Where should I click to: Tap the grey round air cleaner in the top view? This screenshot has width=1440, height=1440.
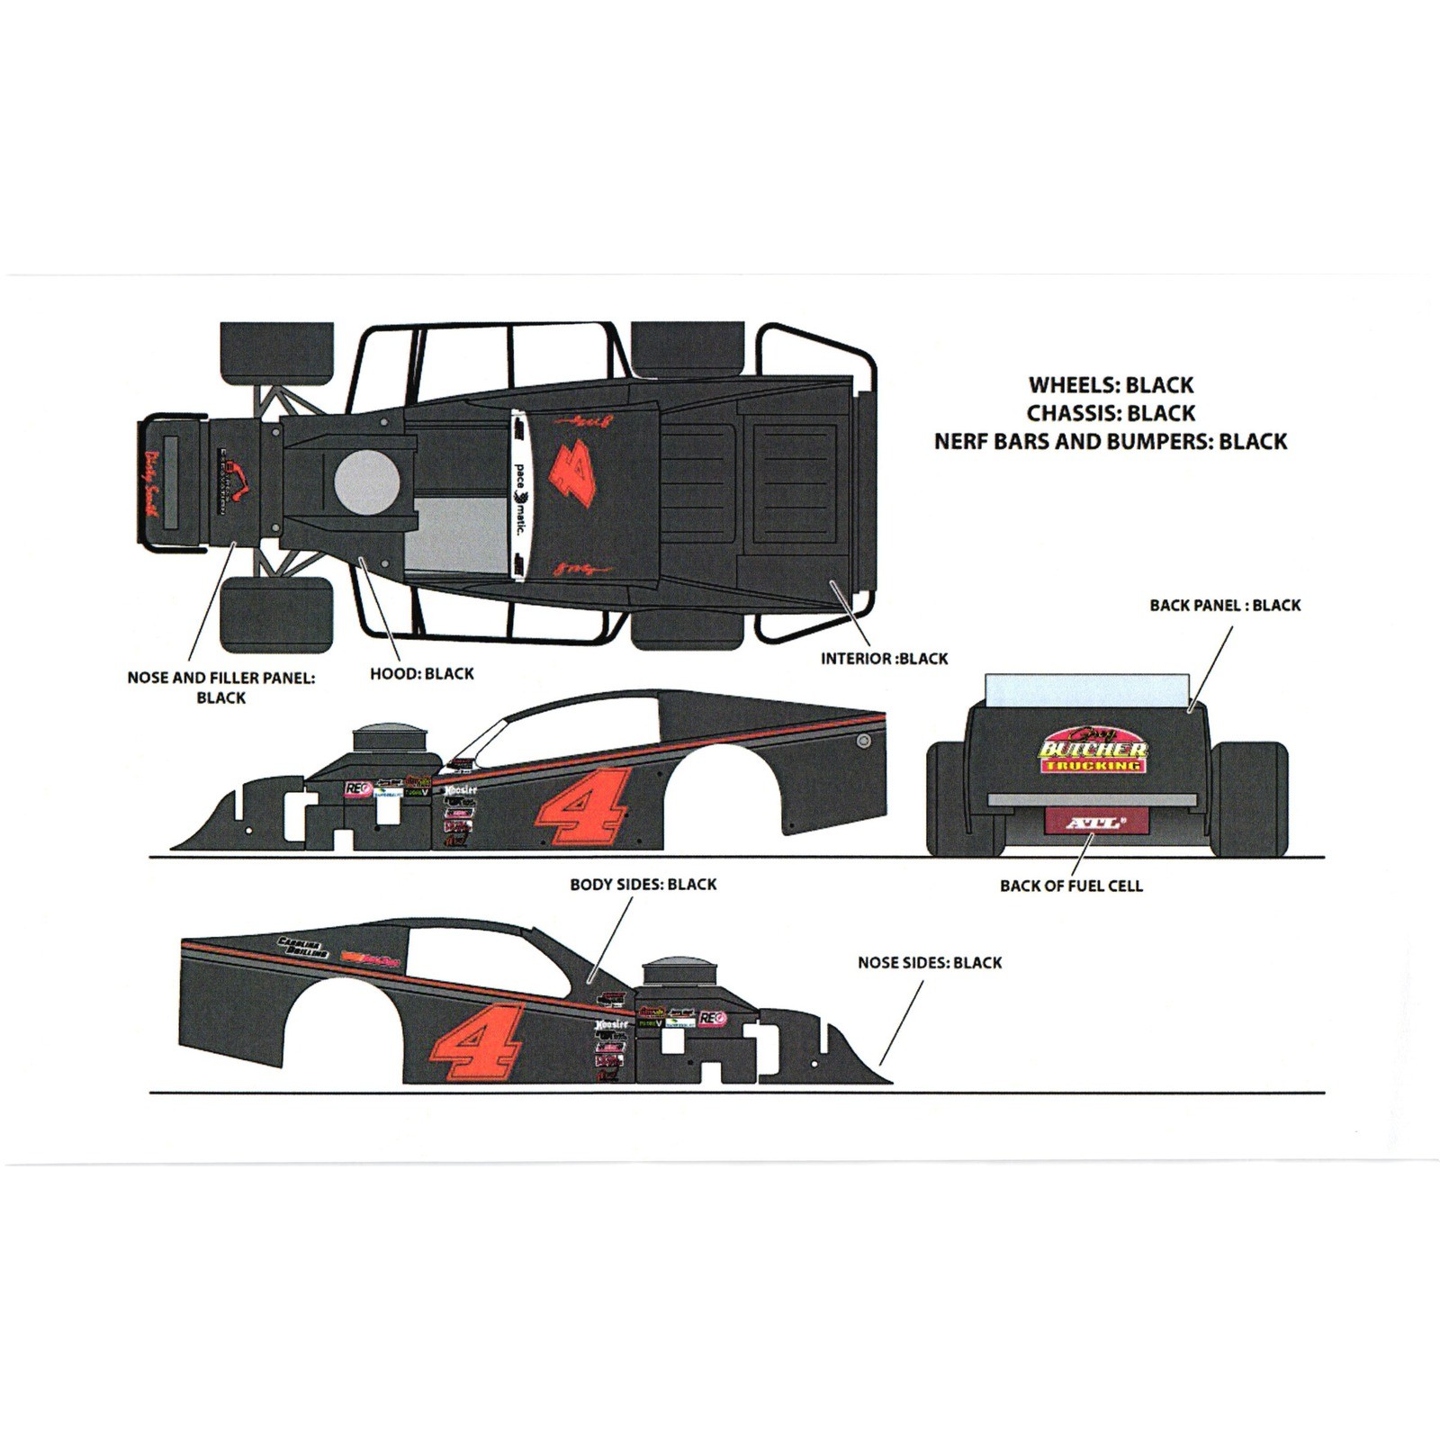366,481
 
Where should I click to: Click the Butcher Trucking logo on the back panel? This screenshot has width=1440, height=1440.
1093,751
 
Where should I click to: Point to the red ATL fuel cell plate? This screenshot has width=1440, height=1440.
1095,822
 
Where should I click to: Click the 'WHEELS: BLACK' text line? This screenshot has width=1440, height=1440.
1111,385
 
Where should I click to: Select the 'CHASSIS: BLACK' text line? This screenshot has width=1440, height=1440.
1111,413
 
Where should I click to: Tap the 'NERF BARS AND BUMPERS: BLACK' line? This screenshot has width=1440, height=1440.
1111,442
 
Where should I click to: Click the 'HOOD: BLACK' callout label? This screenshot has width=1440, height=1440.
421,673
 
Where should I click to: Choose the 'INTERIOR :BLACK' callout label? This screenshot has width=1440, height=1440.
884,659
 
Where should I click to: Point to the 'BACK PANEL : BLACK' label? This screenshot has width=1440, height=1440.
1225,606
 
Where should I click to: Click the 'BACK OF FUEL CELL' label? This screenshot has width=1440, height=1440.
1071,886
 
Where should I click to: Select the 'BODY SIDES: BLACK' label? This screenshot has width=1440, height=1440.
643,885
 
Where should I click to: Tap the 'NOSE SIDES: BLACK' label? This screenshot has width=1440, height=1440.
930,963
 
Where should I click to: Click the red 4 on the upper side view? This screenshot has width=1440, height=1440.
581,807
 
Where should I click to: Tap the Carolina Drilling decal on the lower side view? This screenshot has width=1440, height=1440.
303,947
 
